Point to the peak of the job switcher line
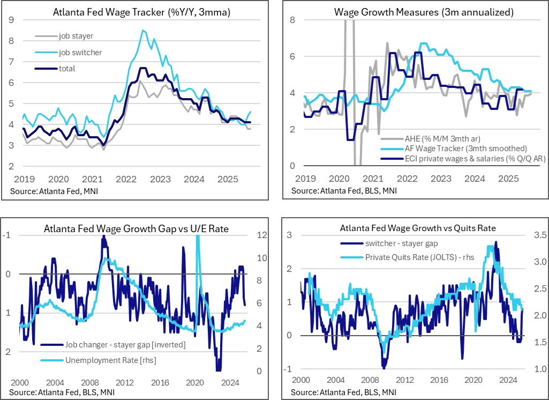(142, 31)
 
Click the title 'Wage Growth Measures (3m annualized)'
(415, 11)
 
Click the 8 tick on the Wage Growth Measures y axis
(292, 20)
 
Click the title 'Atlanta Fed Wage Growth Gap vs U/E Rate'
(136, 229)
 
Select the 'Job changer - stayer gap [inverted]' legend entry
(125, 345)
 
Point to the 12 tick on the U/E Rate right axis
(262, 235)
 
